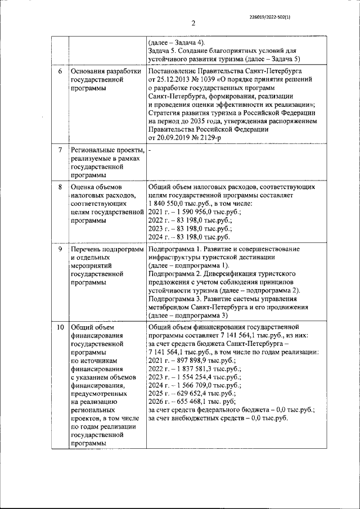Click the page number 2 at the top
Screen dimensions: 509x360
pos(192,23)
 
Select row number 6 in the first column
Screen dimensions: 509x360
pos(60,73)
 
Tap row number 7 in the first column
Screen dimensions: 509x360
pos(60,151)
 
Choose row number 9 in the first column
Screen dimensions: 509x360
pos(60,249)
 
